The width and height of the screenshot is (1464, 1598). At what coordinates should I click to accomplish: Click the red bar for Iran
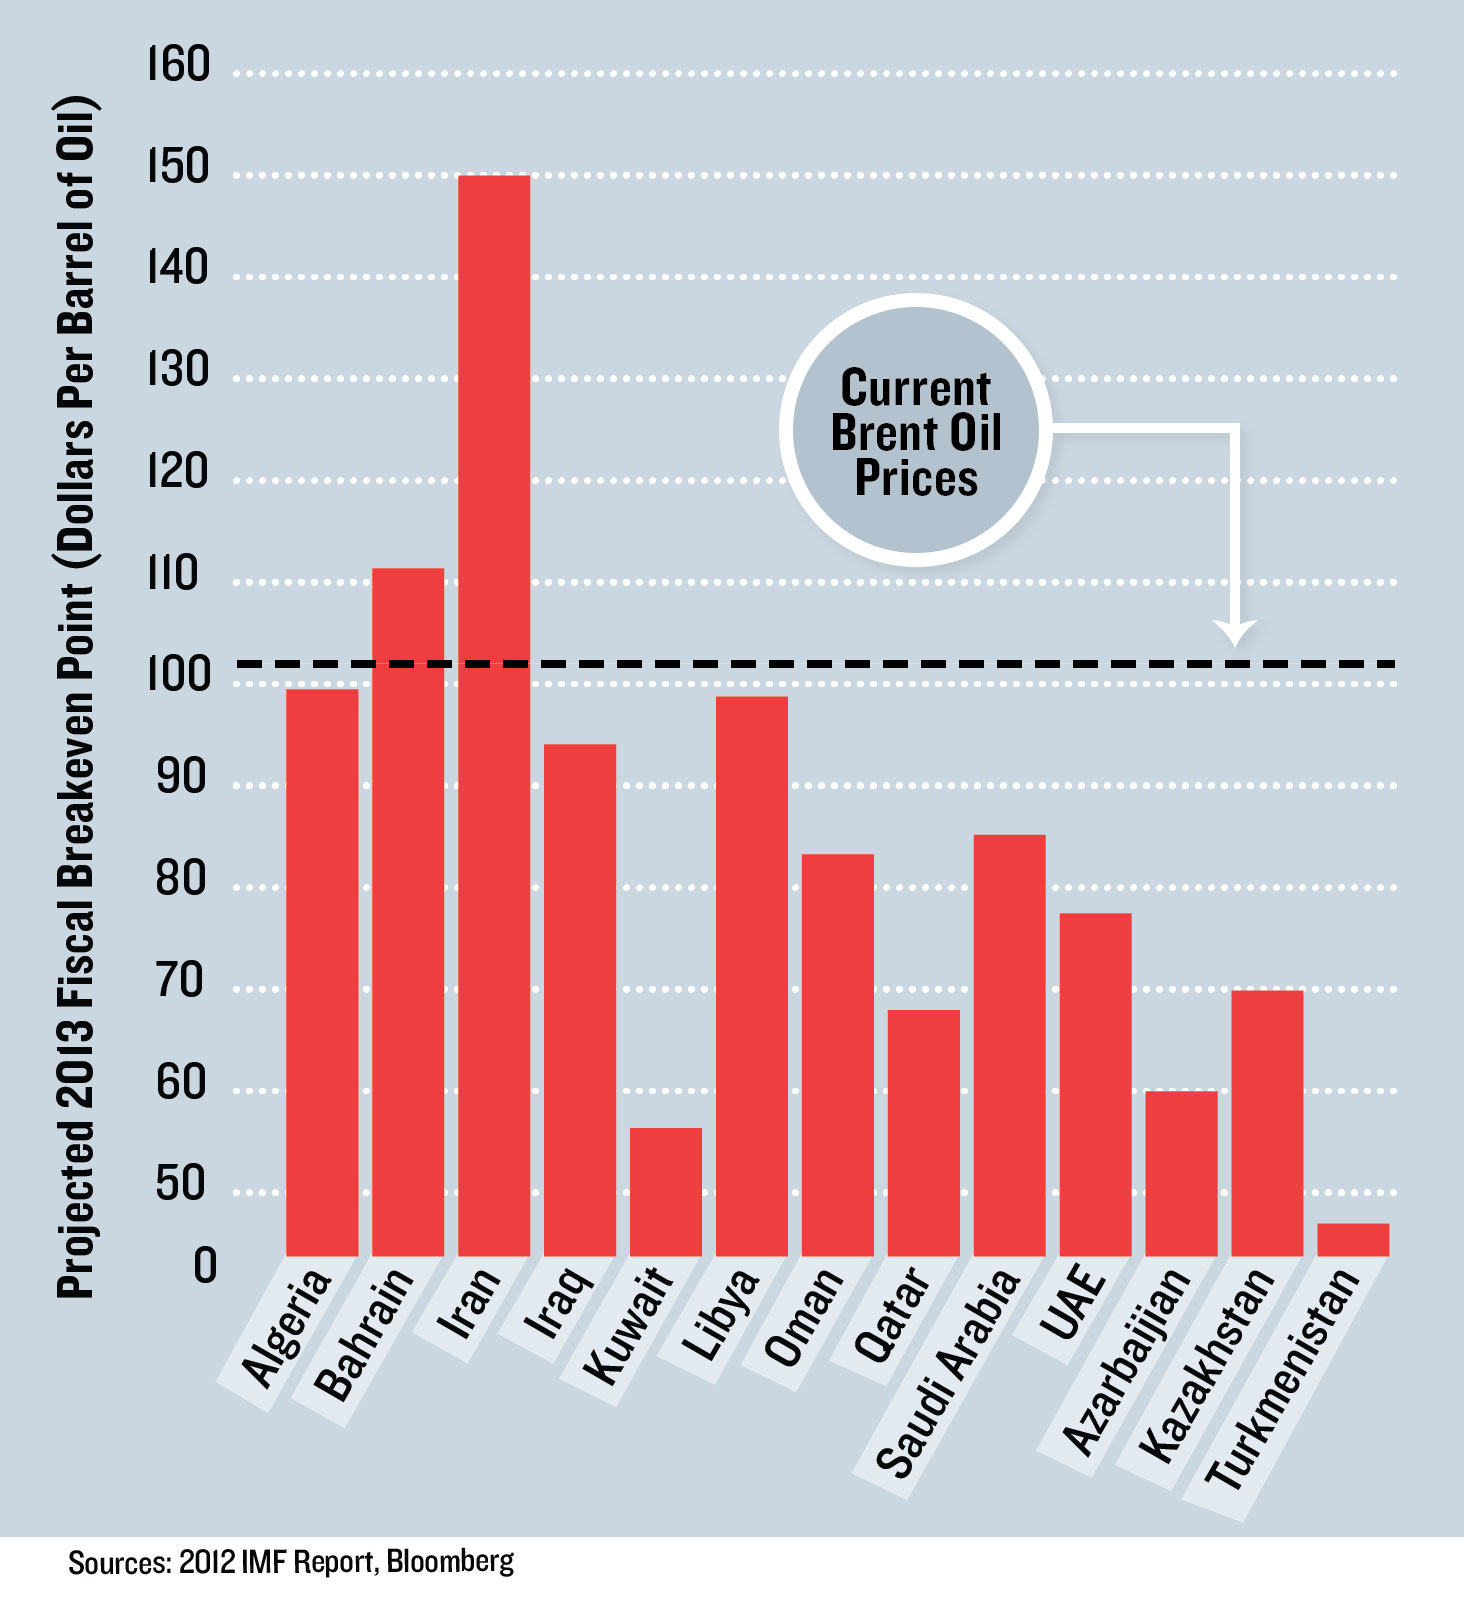point(494,715)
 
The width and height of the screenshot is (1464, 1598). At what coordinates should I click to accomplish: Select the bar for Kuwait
point(666,1191)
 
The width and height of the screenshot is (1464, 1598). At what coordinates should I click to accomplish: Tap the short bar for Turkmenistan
point(1353,1239)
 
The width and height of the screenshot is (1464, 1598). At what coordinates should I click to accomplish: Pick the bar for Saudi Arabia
point(1009,1045)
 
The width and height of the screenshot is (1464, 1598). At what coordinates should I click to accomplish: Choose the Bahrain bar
point(408,911)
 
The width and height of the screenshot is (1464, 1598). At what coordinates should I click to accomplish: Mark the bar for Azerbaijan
point(1181,1173)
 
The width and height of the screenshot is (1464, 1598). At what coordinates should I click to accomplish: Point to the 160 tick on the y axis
point(179,66)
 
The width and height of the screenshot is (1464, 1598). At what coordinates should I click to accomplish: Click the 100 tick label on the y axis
point(179,675)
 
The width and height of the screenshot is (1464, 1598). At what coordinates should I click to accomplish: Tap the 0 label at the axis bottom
point(205,1266)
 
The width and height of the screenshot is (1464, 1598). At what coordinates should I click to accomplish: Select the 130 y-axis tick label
point(179,371)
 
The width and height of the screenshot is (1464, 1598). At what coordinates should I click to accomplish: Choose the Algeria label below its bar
point(287,1327)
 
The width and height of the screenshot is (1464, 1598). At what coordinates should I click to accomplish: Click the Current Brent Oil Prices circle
point(915,431)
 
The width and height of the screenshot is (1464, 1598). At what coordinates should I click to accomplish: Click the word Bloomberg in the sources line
point(450,1561)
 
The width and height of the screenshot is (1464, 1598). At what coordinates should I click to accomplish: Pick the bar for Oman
point(837,1054)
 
